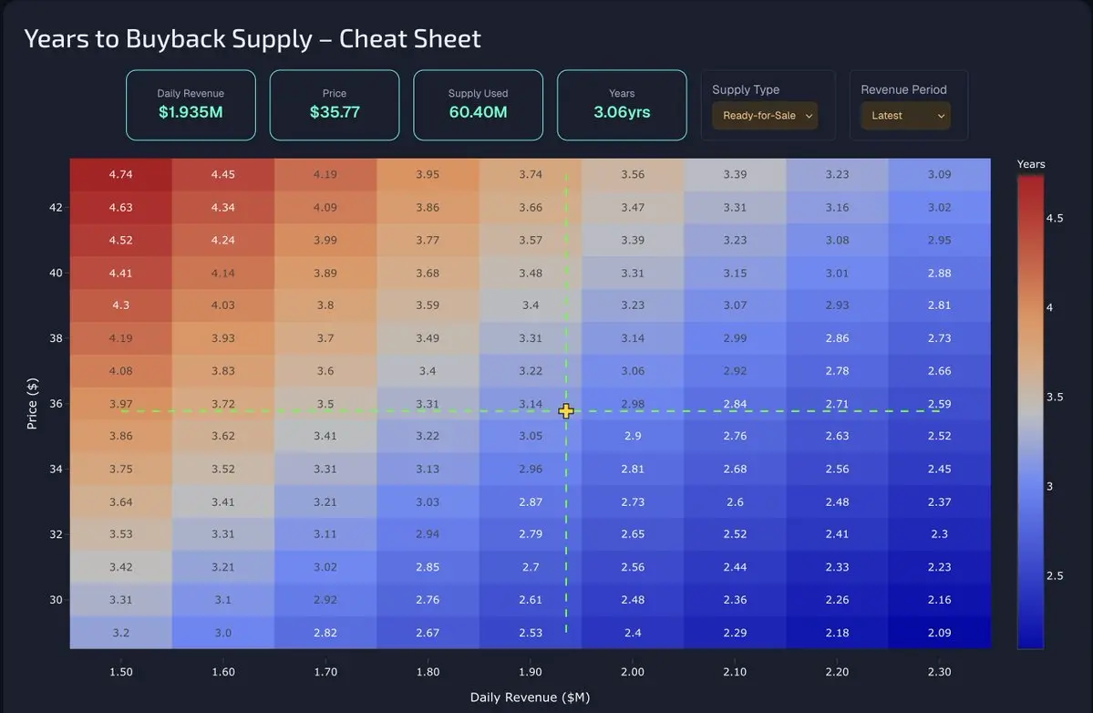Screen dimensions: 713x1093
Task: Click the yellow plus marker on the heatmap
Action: pos(566,411)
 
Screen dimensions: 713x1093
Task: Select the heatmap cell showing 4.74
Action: pos(120,174)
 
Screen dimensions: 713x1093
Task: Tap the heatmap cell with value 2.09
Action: pos(939,633)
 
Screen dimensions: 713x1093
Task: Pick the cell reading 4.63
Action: pos(120,207)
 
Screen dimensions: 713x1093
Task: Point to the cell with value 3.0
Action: pos(223,633)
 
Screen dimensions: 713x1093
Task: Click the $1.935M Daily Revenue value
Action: pos(191,112)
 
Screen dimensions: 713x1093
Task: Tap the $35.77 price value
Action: pos(335,112)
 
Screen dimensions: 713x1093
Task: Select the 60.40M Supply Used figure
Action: pos(478,112)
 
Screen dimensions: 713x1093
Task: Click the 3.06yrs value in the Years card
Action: pos(622,112)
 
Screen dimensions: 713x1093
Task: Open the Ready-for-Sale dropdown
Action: pos(765,116)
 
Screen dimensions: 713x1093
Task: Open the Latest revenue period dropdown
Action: pos(905,116)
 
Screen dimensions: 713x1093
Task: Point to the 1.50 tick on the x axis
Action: pos(120,672)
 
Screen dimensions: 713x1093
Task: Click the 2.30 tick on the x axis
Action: pos(939,672)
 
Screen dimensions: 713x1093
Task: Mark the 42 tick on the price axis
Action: pos(57,207)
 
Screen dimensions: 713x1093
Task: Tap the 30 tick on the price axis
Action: pos(57,600)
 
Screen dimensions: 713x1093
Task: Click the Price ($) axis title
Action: pos(32,403)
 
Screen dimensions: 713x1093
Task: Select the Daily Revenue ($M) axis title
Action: pos(530,697)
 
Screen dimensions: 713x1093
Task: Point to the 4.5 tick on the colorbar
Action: pos(1054,218)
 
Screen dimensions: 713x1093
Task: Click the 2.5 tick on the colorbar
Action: pos(1054,575)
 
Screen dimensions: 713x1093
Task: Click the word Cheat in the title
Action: pos(374,39)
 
